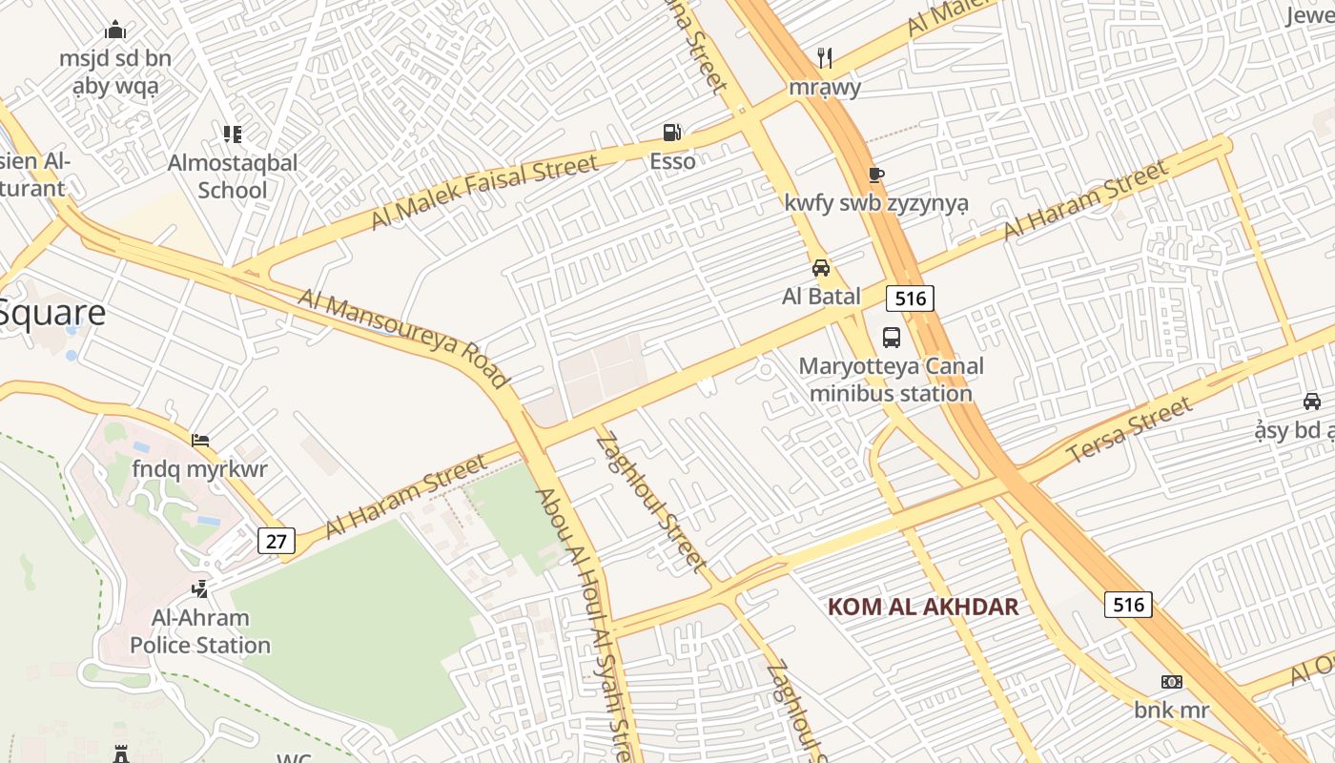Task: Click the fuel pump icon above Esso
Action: [672, 133]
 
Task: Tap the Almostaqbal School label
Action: [233, 175]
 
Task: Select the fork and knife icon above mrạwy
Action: [825, 58]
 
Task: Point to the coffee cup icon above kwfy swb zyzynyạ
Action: [875, 175]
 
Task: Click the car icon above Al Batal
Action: [821, 268]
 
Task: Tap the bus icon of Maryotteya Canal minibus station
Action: [891, 337]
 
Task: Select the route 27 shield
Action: [276, 542]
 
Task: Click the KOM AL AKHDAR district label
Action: [923, 607]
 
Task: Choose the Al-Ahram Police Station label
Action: [200, 631]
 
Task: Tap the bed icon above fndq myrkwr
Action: [200, 441]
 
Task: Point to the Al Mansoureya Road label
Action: [404, 339]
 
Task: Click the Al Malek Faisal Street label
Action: [484, 192]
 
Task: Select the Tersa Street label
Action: [1130, 430]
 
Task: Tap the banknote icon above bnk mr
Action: [1171, 682]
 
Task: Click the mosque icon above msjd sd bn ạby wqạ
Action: [115, 30]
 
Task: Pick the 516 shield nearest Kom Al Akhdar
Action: [1128, 605]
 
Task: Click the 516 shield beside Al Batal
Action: [910, 299]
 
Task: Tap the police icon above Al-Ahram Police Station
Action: [200, 588]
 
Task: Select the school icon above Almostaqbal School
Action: [233, 134]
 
